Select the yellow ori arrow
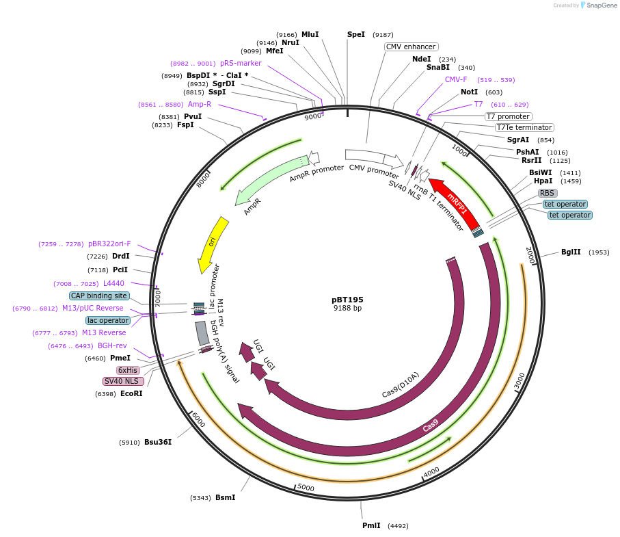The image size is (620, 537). (213, 242)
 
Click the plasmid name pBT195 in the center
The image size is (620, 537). (347, 300)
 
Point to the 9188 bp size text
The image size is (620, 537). (347, 309)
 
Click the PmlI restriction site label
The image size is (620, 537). (371, 526)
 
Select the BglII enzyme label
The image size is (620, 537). (571, 252)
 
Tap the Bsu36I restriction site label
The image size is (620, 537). (157, 442)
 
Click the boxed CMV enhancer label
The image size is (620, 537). (411, 47)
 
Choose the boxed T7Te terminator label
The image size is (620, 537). (524, 127)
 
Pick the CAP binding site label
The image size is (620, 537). (99, 296)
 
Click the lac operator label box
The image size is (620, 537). (108, 320)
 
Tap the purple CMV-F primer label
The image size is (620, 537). (456, 79)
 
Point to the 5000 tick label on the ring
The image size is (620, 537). (306, 487)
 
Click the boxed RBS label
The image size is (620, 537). (548, 193)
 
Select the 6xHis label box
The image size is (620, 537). (128, 370)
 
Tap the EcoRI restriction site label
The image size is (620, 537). (131, 393)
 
